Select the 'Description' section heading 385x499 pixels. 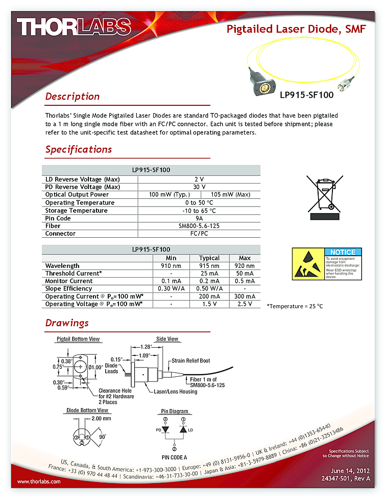[72, 96]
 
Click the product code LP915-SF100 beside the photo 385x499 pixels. [306, 95]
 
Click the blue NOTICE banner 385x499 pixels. [343, 252]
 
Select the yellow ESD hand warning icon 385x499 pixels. [307, 264]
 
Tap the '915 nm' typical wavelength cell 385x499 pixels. [209, 266]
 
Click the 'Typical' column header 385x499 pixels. [209, 258]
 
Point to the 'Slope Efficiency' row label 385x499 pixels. [68, 289]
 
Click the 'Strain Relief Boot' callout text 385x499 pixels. [190, 360]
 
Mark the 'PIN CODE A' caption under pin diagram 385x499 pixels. [174, 457]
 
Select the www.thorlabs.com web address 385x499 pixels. [39, 482]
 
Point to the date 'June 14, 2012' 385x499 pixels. [350, 470]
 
